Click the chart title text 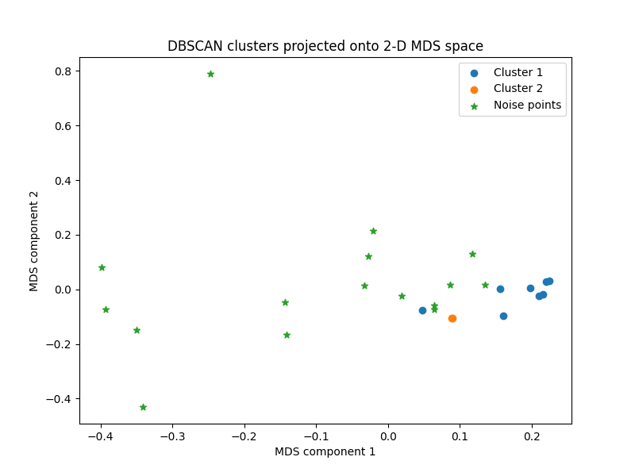tap(325, 46)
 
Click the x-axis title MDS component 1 tap(325, 451)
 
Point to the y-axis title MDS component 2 tap(34, 240)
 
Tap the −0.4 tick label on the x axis tap(100, 436)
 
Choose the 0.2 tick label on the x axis tap(532, 436)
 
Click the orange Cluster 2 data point tap(452, 318)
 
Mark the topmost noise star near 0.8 tap(210, 74)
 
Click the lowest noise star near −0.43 tap(143, 407)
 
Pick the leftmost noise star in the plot tap(102, 267)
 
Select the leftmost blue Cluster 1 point tap(422, 310)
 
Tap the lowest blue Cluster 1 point tap(503, 316)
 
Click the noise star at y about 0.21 tap(373, 231)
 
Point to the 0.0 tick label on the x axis tap(388, 436)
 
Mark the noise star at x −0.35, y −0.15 tap(137, 330)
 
